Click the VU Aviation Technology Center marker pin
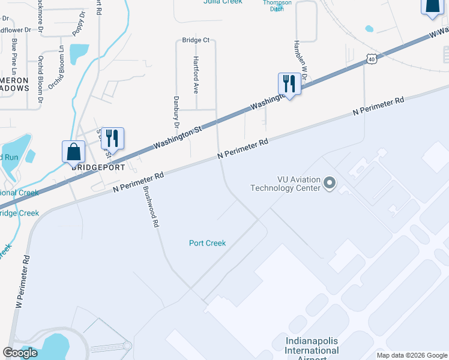[329, 183]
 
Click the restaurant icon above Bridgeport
[112, 137]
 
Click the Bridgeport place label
[98, 168]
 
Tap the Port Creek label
[207, 243]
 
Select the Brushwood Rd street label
[151, 206]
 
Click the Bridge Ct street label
[196, 40]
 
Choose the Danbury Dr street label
[176, 113]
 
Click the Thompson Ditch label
[277, 5]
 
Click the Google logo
[20, 353]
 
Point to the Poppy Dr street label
[78, 23]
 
